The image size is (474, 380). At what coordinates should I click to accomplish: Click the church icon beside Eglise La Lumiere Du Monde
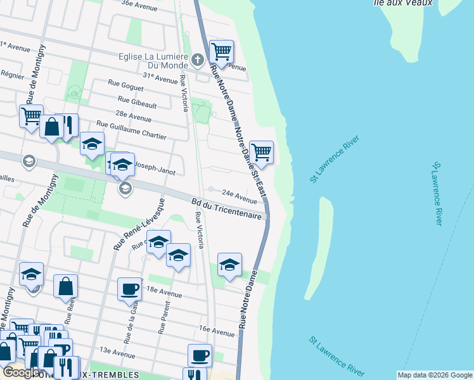coord(197,60)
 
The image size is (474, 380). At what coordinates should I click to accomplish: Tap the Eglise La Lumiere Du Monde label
coord(154,60)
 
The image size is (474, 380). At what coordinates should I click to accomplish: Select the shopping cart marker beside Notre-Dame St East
coord(262,152)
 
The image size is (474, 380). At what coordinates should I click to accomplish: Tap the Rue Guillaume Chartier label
coord(131,130)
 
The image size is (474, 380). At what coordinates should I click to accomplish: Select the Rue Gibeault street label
coord(137,99)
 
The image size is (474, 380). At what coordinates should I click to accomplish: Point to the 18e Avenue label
coord(164,294)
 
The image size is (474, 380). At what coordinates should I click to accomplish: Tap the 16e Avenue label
coord(217,330)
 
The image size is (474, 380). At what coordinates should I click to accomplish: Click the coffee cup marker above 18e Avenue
coord(129,289)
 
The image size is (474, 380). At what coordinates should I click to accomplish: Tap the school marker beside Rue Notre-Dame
coord(229,265)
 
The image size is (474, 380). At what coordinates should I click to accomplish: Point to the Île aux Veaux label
coord(412,3)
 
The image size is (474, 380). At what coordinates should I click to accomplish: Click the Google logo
coord(21,372)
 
